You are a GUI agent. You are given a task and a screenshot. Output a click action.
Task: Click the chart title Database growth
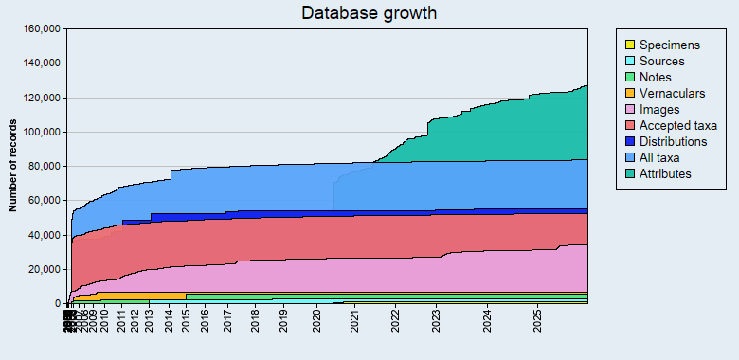pos(369,13)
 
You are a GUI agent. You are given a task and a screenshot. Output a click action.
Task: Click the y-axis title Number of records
pos(14,166)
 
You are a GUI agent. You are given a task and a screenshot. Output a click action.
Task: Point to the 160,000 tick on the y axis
pos(42,29)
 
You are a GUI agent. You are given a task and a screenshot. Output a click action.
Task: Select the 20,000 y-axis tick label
pos(45,270)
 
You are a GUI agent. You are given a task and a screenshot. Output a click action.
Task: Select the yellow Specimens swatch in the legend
pos(628,45)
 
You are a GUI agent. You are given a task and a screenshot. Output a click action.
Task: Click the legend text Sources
pos(661,61)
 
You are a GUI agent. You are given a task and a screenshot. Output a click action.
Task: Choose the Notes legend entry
pos(656,77)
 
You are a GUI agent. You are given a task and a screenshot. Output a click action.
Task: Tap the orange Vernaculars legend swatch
pos(628,93)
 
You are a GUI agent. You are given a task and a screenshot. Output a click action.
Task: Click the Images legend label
pos(659,109)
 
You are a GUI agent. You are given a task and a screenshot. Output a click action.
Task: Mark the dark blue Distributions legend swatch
pos(628,141)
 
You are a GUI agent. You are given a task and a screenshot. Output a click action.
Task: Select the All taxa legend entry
pos(660,157)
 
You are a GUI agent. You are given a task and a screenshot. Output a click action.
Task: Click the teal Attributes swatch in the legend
pos(628,173)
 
